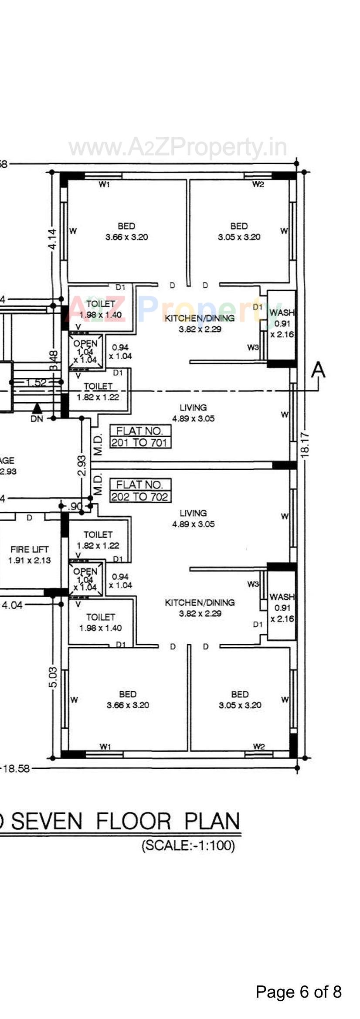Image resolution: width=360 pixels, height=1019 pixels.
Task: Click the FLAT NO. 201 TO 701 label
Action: click(140, 437)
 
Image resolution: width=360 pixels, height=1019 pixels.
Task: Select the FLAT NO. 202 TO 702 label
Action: click(140, 491)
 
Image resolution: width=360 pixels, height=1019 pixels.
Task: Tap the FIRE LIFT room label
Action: click(30, 554)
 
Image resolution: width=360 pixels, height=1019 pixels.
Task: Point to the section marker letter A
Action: click(318, 370)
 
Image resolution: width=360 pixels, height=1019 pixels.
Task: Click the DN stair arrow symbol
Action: click(37, 409)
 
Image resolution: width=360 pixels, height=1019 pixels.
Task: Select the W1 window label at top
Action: click(104, 184)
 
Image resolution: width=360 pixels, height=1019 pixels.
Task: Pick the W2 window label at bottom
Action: click(258, 747)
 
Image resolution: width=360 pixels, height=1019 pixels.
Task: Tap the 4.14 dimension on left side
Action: click(52, 239)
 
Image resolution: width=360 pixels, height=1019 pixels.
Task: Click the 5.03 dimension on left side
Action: click(52, 677)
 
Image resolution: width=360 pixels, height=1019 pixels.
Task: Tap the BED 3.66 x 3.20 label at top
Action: click(126, 231)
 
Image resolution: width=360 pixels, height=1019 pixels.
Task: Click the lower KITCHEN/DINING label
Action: click(200, 608)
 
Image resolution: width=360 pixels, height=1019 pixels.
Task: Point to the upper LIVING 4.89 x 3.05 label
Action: click(193, 413)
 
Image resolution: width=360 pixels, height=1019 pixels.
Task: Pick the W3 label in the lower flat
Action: click(253, 584)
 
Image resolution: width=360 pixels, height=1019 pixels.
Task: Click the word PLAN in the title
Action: click(212, 821)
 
